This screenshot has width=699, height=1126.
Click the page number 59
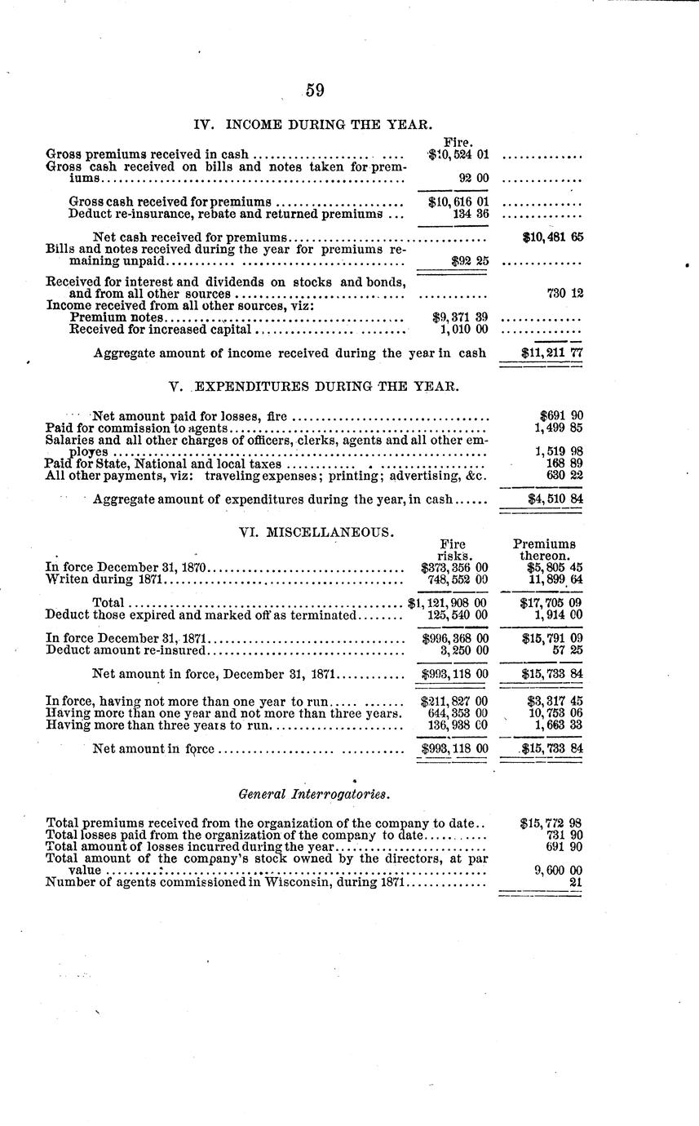pyautogui.click(x=315, y=91)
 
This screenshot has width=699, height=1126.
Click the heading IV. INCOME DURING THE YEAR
pyautogui.click(x=313, y=125)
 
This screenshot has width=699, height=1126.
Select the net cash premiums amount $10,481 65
pyautogui.click(x=552, y=237)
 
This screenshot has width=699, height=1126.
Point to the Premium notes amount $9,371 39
pyautogui.click(x=459, y=317)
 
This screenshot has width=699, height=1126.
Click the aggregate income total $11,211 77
pyautogui.click(x=552, y=353)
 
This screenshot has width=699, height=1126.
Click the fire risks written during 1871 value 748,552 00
pyautogui.click(x=458, y=579)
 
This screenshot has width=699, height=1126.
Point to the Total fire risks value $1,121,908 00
pyautogui.click(x=448, y=603)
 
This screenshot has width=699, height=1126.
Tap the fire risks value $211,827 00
pyautogui.click(x=453, y=701)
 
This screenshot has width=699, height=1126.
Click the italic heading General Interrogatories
pyautogui.click(x=314, y=793)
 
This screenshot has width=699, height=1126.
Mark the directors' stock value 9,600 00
pyautogui.click(x=558, y=871)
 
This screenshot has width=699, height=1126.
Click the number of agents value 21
pyautogui.click(x=575, y=882)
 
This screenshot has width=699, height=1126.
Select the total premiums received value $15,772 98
pyautogui.click(x=551, y=823)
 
